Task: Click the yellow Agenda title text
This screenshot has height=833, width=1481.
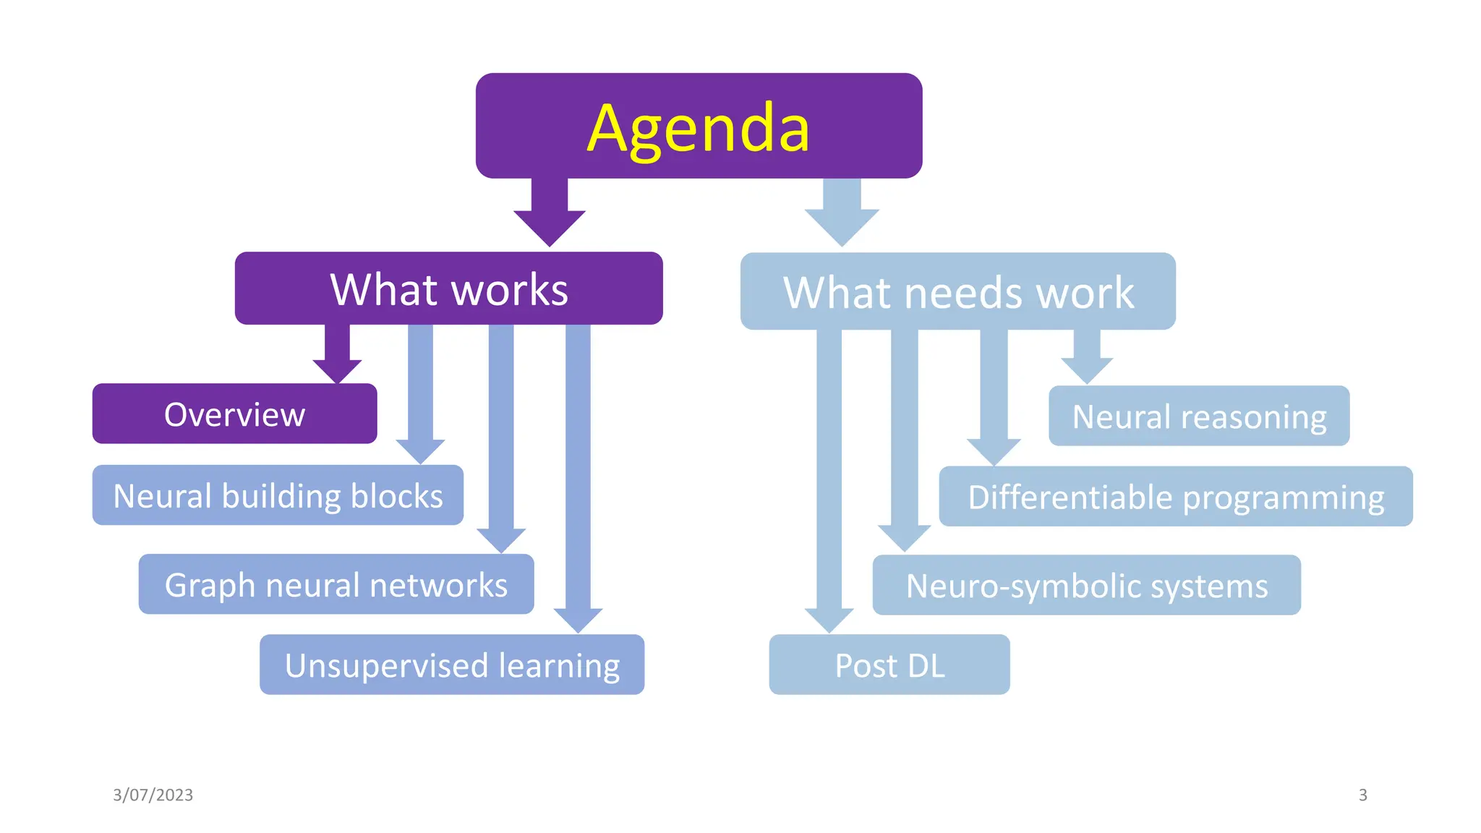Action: point(698,128)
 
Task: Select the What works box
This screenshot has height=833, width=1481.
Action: point(448,289)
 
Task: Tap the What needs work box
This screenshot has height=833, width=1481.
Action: point(957,291)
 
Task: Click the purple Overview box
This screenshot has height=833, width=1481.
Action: point(234,414)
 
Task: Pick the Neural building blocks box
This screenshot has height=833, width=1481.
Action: point(278,495)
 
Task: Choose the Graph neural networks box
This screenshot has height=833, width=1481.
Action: point(336,584)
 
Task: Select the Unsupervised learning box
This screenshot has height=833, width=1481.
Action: point(452,665)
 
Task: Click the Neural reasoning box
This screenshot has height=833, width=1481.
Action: point(1198,416)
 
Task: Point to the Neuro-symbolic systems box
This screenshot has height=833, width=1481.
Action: point(1086,585)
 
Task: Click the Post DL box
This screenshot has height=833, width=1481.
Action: point(889,665)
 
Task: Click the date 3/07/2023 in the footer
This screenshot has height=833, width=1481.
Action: point(153,795)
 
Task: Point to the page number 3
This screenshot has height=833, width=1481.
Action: point(1362,795)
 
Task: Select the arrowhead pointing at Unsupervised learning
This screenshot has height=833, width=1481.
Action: point(578,619)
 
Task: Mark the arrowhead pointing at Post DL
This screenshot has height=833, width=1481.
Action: point(829,619)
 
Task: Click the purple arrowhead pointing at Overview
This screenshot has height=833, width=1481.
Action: point(337,370)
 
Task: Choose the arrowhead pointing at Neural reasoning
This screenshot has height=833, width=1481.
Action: point(1086,370)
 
